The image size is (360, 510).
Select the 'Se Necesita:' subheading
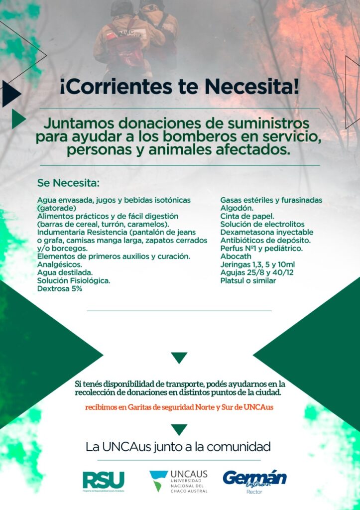[x=68, y=182]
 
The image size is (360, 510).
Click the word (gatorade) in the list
[x=56, y=208]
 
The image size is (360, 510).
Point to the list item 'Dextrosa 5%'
[x=60, y=288]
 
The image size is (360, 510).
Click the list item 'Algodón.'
[x=237, y=208]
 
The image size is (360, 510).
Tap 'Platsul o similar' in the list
[x=248, y=280]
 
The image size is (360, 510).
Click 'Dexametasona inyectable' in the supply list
[x=267, y=232]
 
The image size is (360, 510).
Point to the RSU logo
[x=104, y=481]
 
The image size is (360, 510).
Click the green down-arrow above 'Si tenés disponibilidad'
[x=179, y=357]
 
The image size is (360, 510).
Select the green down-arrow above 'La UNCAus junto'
[x=179, y=429]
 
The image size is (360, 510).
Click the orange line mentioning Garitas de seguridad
[x=179, y=407]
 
